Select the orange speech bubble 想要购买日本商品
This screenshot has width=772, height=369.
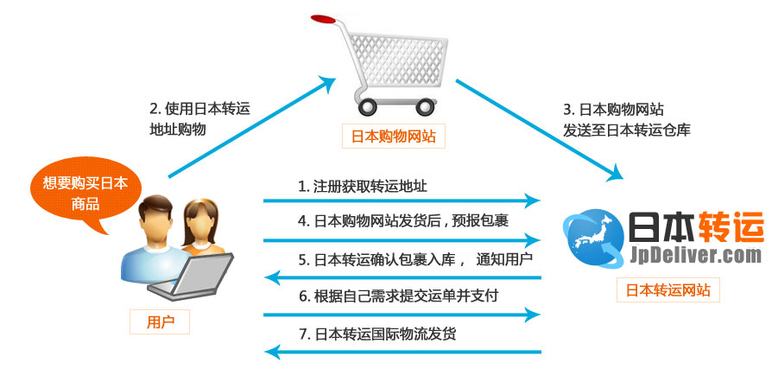coord(79,192)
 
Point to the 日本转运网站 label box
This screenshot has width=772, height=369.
coord(668,290)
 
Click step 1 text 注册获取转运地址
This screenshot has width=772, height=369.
coord(363,187)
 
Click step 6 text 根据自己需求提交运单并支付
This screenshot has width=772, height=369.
coord(398,296)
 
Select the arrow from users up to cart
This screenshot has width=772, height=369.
coord(250,129)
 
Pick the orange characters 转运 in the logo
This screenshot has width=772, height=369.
coord(707,226)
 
